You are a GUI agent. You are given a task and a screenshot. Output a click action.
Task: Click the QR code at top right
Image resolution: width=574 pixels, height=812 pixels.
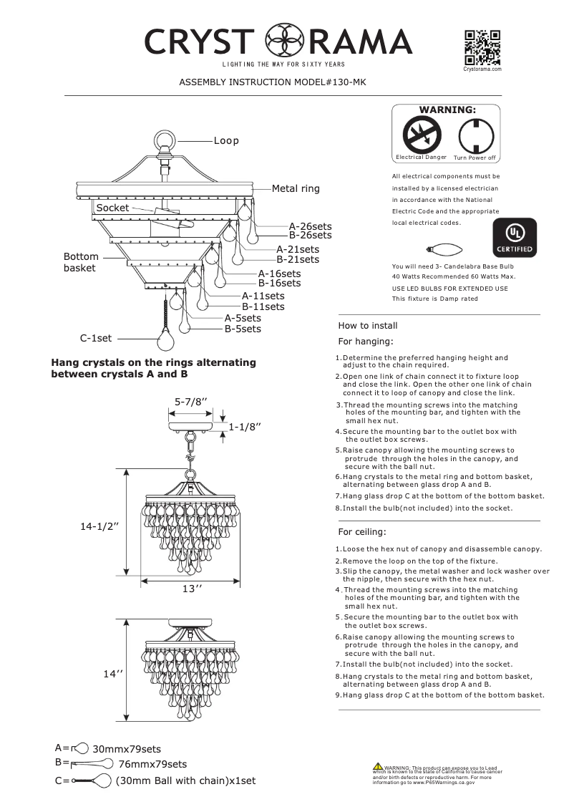coord(482,47)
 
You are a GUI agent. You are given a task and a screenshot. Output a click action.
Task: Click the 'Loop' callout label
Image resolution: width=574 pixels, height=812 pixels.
coord(226,141)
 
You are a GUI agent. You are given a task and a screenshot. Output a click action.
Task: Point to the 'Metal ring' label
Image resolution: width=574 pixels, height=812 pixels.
coord(296,189)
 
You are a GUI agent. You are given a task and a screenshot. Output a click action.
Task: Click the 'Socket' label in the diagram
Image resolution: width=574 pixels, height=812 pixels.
coord(112,208)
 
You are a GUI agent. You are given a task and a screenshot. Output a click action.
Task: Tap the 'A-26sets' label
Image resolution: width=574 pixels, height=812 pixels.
coord(310,226)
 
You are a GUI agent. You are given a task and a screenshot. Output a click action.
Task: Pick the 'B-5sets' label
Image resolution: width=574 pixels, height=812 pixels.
coord(243,329)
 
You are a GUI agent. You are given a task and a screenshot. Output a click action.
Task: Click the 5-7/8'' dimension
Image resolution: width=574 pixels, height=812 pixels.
coord(191,402)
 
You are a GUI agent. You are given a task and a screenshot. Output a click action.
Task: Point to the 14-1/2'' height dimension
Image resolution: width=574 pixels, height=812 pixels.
coord(99,526)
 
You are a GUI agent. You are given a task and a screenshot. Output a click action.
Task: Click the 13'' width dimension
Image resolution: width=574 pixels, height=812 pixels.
coord(191,589)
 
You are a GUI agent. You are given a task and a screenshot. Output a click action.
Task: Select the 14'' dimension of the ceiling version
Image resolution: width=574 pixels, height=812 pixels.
coord(113,675)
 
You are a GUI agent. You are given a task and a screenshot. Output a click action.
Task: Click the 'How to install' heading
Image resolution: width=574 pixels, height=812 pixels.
coord(367,326)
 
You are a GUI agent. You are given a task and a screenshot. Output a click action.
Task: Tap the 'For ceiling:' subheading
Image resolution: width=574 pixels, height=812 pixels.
coord(361,532)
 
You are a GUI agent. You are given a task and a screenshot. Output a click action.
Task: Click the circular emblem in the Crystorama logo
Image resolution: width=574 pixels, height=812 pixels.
coord(284,42)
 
